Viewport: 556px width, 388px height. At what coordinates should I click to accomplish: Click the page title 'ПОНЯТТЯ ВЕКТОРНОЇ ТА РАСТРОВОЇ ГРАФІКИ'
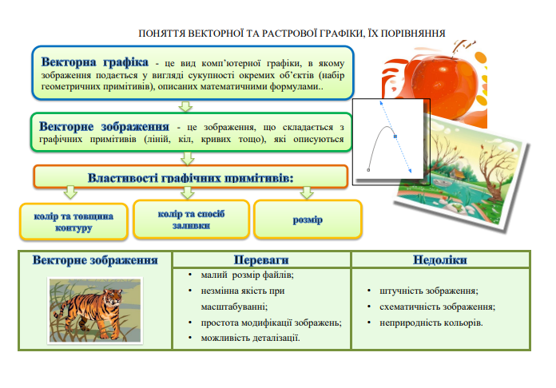[292, 33]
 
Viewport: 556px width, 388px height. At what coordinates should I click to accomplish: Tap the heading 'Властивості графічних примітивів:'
[189, 177]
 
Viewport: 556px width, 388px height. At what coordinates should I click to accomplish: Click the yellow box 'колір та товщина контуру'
[73, 222]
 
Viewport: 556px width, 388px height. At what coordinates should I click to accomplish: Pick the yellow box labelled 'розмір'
[308, 220]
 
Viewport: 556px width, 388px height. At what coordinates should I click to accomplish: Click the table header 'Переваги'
[261, 260]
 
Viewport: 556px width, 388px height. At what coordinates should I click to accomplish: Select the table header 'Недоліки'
[440, 260]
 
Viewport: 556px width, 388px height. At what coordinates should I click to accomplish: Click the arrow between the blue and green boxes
[186, 105]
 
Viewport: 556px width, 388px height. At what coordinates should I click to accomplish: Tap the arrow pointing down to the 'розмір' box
[307, 192]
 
